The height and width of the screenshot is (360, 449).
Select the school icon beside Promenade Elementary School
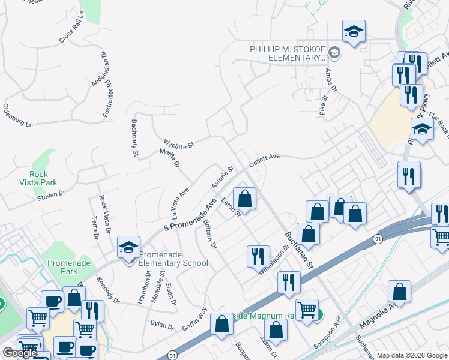pyautogui.click(x=128, y=248)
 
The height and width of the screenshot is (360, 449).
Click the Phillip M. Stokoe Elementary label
pyautogui.click(x=288, y=53)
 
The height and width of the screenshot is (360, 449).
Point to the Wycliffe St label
pyautogui.click(x=179, y=144)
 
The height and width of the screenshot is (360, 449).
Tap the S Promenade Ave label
pyautogui.click(x=190, y=214)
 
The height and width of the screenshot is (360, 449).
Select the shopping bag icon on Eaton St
pyautogui.click(x=244, y=198)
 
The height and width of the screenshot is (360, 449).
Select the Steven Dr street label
pyautogui.click(x=50, y=194)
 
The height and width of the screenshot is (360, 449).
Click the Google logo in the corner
pyautogui.click(x=20, y=353)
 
